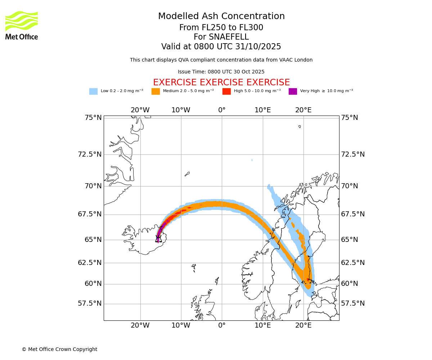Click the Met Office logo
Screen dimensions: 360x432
pos(22,25)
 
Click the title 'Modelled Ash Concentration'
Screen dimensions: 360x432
pos(221,17)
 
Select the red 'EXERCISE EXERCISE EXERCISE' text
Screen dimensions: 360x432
pos(221,82)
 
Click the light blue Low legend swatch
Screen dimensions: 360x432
pos(93,91)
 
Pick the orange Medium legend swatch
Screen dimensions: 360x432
pos(156,91)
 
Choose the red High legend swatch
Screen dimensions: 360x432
pos(226,91)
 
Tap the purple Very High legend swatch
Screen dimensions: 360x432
pos(293,91)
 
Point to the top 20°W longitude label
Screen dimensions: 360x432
pos(140,110)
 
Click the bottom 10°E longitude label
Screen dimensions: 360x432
pos(262,325)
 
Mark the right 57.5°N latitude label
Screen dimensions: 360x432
pos(353,303)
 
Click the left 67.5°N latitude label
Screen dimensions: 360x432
pos(90,214)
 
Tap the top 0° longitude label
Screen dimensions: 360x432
pos(222,110)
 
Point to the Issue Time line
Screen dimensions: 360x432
pos(221,72)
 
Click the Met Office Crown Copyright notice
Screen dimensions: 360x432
pos(59,349)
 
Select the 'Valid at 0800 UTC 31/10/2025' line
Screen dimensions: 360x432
pos(221,47)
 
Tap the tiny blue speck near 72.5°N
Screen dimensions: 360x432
pos(252,160)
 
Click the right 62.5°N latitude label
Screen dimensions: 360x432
pos(353,263)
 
